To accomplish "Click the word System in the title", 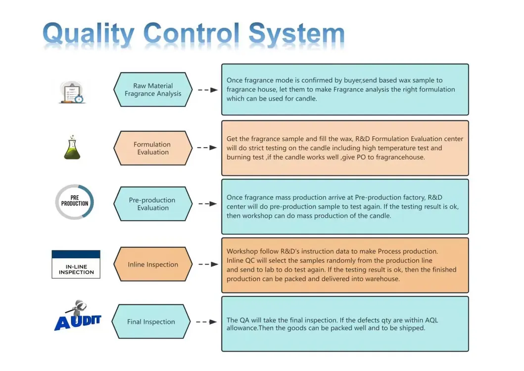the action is pos(296,34).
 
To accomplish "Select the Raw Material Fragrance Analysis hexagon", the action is pos(153,90).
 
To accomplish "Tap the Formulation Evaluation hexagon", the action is pos(153,148).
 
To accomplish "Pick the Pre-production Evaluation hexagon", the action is pos(153,204).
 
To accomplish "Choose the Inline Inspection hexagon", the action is pos(153,265).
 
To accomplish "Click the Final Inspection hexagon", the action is pos(151,321).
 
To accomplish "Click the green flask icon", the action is pos(72,148).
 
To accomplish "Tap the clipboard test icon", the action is pos(72,92).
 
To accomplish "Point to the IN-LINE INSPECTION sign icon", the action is pos(76,265).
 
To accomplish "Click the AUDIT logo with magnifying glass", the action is pos(78,316).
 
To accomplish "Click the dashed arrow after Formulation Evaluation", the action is pos(207,148).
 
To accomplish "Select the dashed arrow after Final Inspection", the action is pos(206,322).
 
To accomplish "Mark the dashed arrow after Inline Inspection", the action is pos(208,265).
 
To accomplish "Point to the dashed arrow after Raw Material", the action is pos(208,90).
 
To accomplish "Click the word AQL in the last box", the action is pos(431,320).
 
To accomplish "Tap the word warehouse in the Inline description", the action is pos(382,279).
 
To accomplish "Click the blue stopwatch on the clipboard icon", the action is pos(79,99).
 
